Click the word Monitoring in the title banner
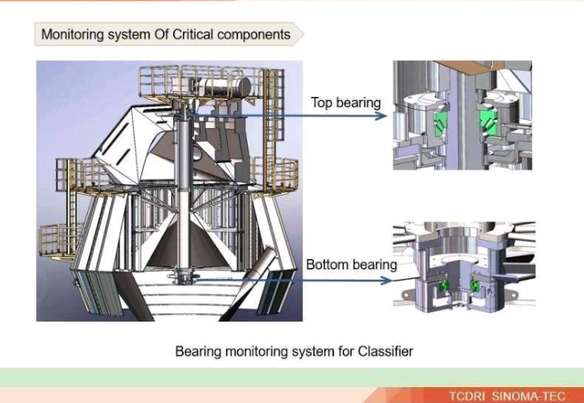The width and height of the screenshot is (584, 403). [72, 34]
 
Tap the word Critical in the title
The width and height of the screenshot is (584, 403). [193, 34]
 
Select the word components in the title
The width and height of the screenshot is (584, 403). [254, 34]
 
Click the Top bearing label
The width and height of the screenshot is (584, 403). [346, 102]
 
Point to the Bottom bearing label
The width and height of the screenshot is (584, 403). [352, 265]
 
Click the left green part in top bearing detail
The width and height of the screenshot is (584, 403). [440, 124]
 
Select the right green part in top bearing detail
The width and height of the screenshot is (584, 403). [488, 122]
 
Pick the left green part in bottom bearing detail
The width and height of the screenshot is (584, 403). [443, 286]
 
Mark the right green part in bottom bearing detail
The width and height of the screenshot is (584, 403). [475, 286]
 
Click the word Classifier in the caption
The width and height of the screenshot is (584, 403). [386, 351]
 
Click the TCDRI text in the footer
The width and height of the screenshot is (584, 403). [467, 395]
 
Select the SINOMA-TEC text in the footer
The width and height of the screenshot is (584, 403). [529, 395]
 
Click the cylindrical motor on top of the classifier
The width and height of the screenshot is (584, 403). [224, 86]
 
